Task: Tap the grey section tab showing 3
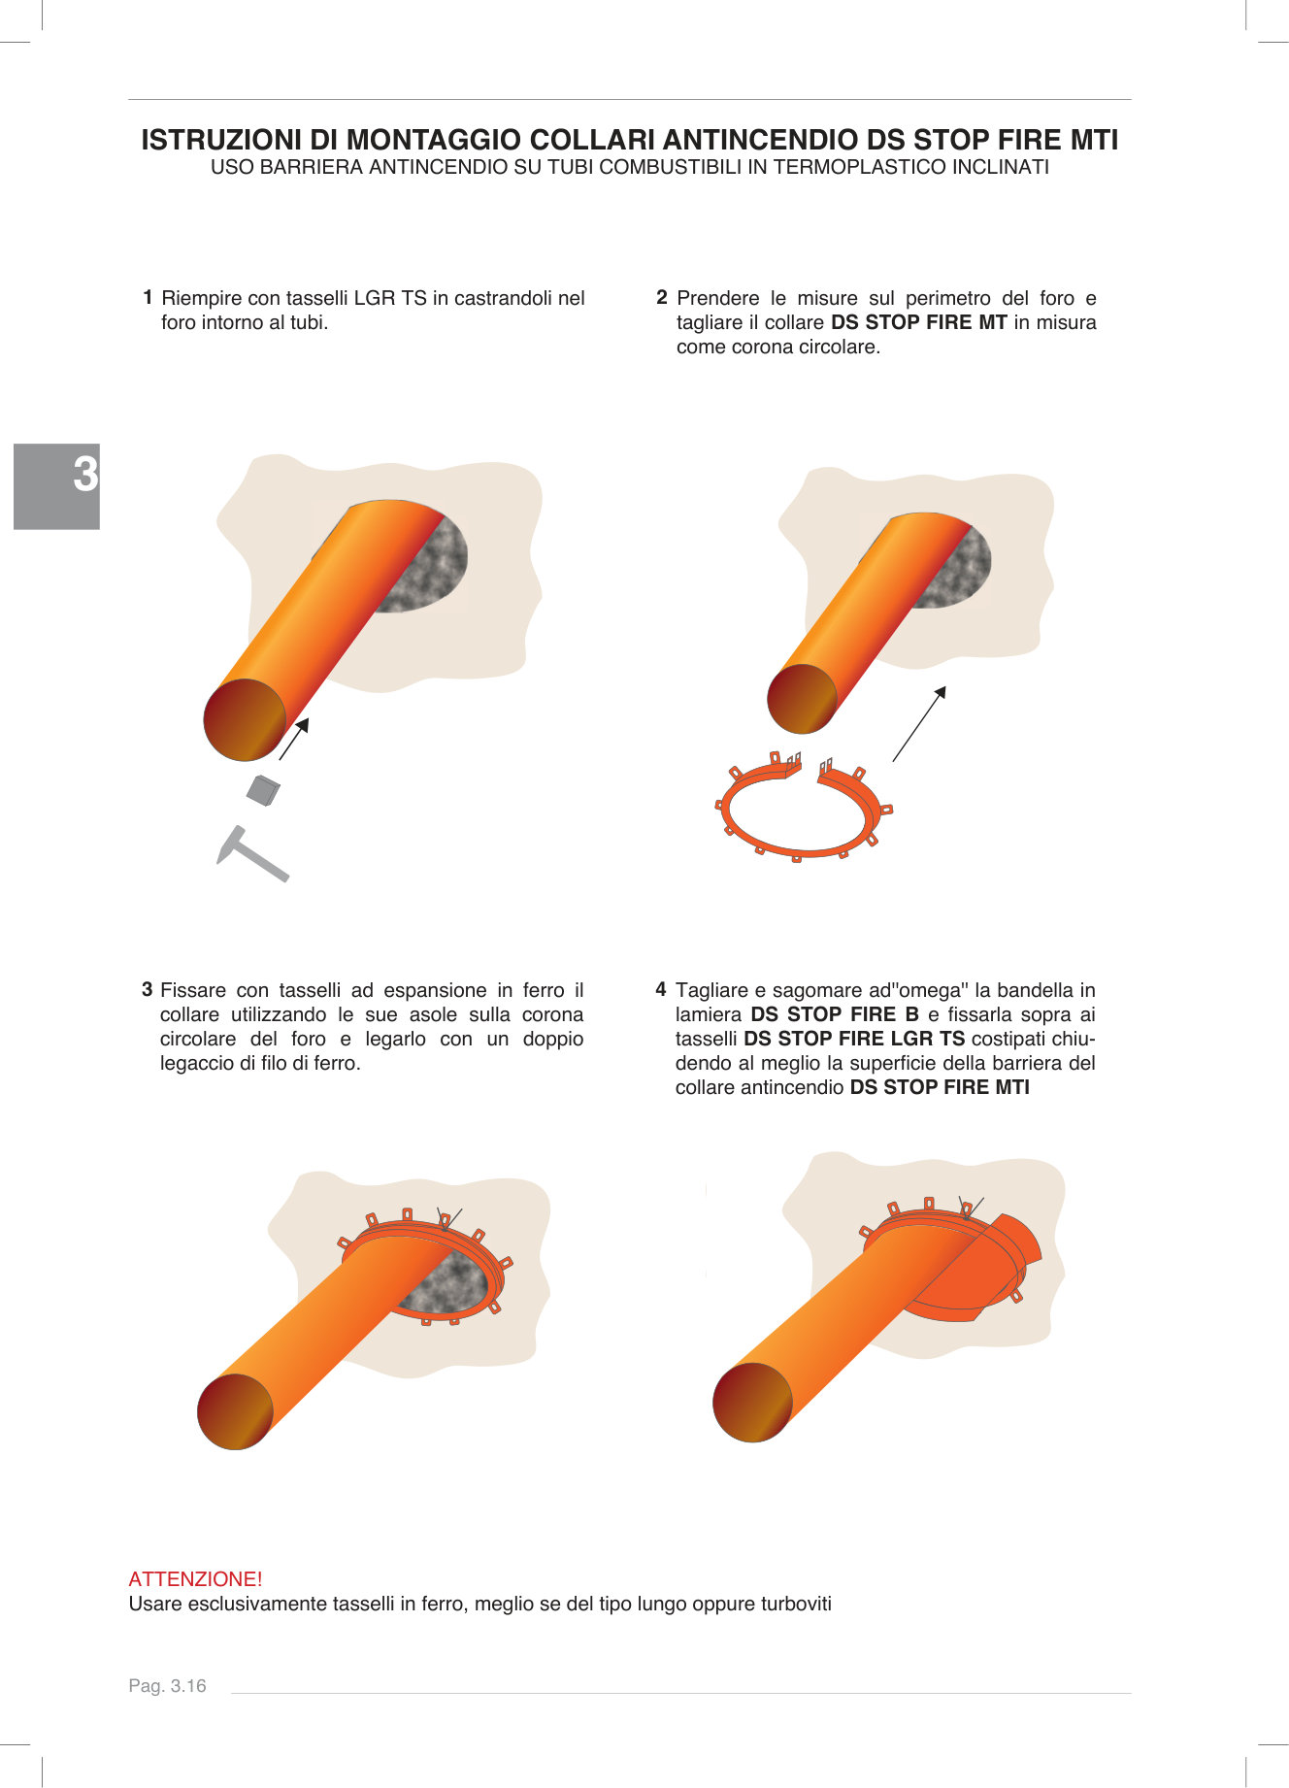[x=57, y=485]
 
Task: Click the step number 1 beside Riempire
[x=148, y=297]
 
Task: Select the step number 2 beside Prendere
[x=662, y=297]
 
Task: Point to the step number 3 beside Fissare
[x=148, y=989]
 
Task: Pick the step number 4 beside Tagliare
[x=661, y=989]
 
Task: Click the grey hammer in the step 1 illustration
[x=251, y=854]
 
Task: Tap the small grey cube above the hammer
[x=263, y=790]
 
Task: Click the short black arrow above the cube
[x=294, y=739]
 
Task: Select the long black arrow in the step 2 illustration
[x=919, y=723]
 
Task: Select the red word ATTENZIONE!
[x=195, y=1579]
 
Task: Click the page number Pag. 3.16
[x=167, y=1686]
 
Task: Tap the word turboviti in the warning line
[x=796, y=1604]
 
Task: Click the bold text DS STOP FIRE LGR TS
[x=854, y=1039]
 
